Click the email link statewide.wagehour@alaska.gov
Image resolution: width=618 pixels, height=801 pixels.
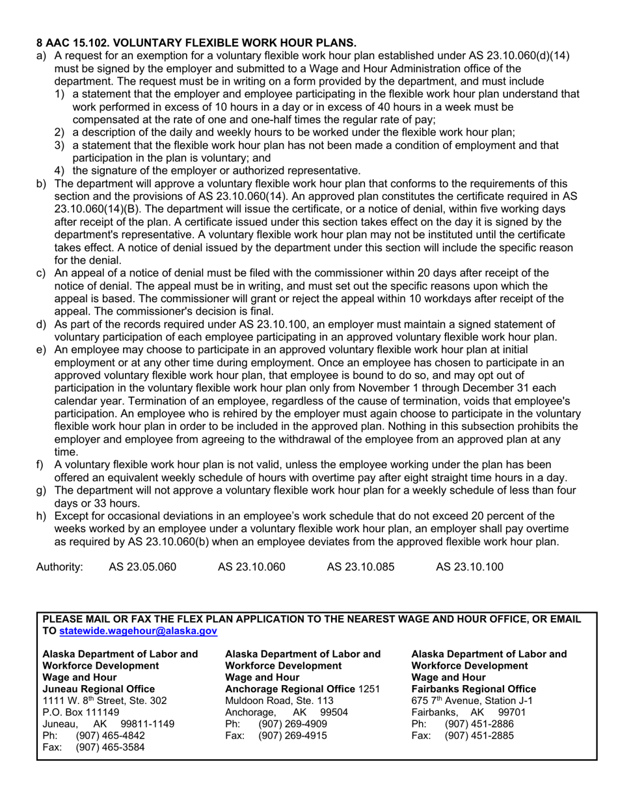(138, 631)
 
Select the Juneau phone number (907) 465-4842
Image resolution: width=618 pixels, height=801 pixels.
(110, 735)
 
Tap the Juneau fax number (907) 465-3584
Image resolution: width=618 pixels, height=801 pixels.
(110, 747)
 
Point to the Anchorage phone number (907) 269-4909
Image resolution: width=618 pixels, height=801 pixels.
(293, 724)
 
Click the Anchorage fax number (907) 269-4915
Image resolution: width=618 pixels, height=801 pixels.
(293, 735)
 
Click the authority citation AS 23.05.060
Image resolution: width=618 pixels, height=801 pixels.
(142, 567)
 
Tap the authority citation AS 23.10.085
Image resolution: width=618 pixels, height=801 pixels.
(360, 567)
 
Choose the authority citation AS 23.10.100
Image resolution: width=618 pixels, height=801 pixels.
(469, 567)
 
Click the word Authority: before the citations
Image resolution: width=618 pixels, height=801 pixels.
(59, 567)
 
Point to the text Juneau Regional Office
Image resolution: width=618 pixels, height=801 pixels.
(98, 688)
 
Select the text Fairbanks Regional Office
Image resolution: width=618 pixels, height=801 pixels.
(474, 688)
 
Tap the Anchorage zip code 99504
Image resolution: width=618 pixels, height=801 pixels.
(334, 712)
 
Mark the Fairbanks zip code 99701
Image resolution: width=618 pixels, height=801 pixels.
(511, 712)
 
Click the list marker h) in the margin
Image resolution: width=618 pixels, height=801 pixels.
(41, 516)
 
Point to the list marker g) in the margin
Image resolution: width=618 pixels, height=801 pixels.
(41, 490)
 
